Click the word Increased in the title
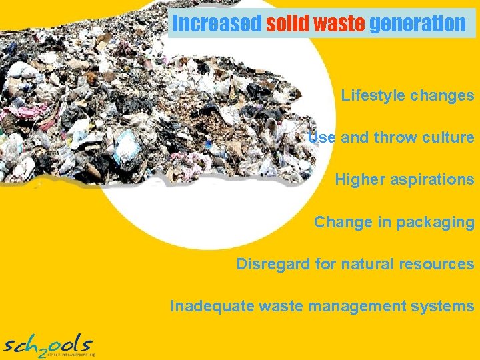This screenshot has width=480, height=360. click(217, 24)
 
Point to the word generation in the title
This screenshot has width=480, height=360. click(417, 24)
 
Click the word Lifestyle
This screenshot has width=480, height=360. click(373, 95)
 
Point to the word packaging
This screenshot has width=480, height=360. click(435, 222)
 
